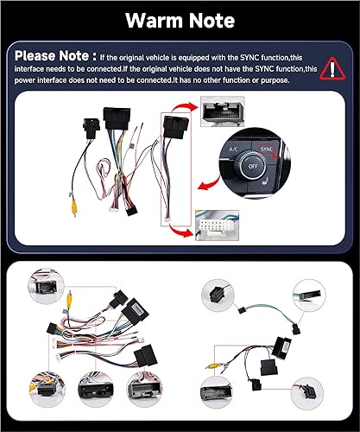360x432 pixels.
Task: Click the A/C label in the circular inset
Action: pos(233,149)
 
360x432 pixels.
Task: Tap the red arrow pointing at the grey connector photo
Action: pos(180,110)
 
